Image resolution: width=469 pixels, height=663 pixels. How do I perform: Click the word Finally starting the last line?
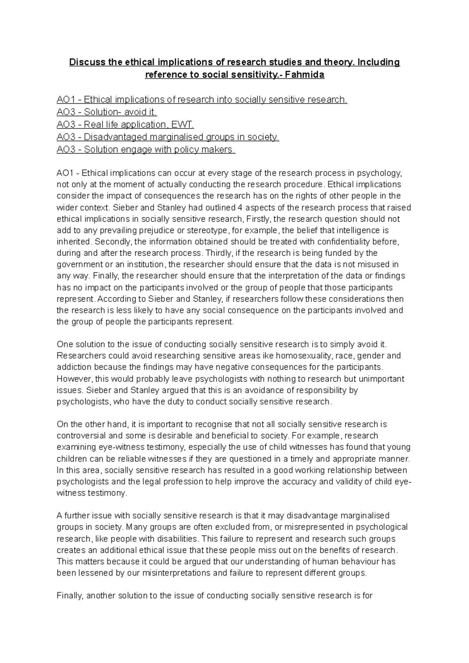[x=70, y=596]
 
